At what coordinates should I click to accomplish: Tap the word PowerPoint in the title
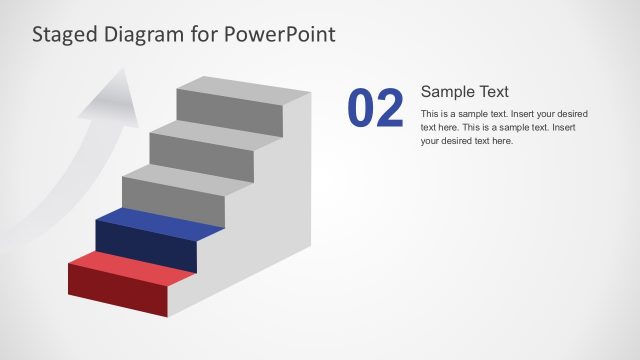(281, 34)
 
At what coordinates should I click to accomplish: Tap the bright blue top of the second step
(160, 221)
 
